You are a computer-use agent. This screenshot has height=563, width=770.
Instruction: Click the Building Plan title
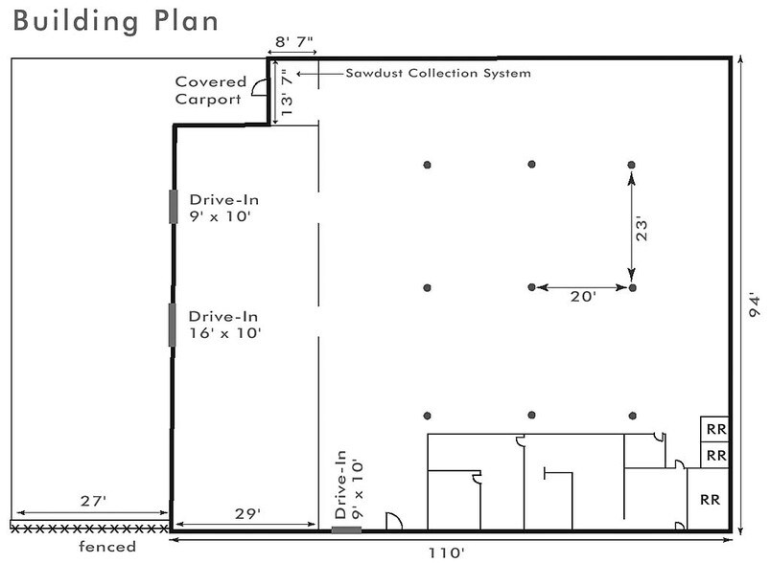pos(115,22)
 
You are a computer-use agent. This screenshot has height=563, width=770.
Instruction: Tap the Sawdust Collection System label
pos(438,73)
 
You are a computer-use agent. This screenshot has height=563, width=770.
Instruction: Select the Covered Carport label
pos(210,90)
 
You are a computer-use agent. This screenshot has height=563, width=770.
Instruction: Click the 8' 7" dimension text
pos(294,41)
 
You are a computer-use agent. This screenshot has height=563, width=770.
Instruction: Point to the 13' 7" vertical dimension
pos(287,92)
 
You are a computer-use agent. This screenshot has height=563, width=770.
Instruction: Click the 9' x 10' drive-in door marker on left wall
pos(174,207)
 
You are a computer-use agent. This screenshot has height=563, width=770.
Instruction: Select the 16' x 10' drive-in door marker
pos(173,325)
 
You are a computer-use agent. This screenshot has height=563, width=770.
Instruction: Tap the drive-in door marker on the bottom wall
pos(346,529)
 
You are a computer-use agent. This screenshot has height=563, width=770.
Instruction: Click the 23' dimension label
pos(642,228)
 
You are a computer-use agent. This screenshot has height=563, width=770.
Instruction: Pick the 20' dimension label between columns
pos(583,296)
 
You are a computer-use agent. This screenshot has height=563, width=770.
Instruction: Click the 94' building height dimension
pos(756,305)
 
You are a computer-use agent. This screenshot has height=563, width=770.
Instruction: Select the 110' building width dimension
pos(446,552)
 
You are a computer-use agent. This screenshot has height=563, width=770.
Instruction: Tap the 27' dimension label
pos(93,501)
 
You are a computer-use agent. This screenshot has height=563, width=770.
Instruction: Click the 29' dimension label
pos(247,513)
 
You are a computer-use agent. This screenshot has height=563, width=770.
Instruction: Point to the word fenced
pos(107,547)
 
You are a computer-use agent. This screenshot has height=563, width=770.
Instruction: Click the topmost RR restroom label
pos(716,430)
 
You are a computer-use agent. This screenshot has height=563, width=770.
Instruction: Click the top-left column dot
pos(428,165)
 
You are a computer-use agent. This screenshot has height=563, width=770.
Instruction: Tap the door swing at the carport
pos(259,87)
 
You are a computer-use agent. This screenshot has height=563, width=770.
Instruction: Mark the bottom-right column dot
pos(633,416)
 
